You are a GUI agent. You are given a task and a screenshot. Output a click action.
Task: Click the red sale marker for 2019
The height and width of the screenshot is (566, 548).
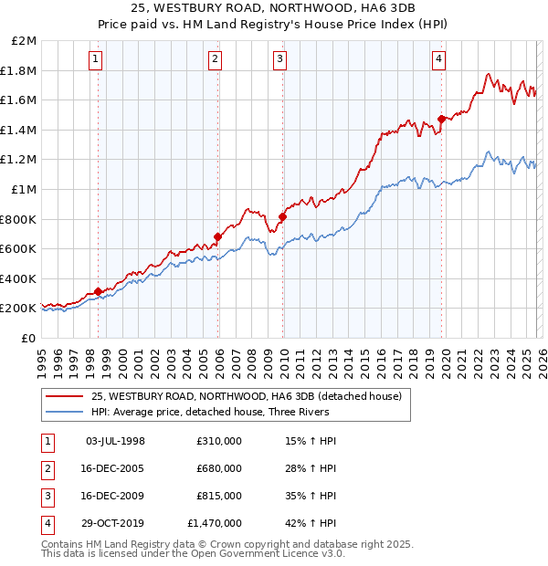pyautogui.click(x=441, y=119)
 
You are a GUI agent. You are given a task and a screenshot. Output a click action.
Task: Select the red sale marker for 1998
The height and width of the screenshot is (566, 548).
pyautogui.click(x=98, y=292)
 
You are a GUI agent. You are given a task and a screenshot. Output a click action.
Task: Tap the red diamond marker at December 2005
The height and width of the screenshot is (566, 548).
pyautogui.click(x=217, y=237)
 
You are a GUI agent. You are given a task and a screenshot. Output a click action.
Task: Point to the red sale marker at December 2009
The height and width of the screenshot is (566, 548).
pyautogui.click(x=282, y=217)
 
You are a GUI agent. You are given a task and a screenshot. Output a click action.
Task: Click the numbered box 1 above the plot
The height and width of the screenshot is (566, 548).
pyautogui.click(x=97, y=60)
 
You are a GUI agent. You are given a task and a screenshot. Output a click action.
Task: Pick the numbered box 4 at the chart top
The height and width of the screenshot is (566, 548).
pyautogui.click(x=439, y=60)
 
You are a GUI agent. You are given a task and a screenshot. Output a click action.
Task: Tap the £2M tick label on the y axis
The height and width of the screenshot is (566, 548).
pyautogui.click(x=25, y=41)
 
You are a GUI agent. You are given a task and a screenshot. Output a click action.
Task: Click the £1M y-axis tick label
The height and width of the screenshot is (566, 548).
pyautogui.click(x=25, y=190)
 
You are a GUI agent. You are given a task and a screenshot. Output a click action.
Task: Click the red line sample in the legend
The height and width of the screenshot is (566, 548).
pyautogui.click(x=64, y=397)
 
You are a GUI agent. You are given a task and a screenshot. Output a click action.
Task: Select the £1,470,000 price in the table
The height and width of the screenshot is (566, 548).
pyautogui.click(x=214, y=523)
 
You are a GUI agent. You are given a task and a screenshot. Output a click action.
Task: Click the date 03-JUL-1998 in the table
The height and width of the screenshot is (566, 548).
pyautogui.click(x=115, y=441)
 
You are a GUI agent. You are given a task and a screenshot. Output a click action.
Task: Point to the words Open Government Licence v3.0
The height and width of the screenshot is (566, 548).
pyautogui.click(x=265, y=553)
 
